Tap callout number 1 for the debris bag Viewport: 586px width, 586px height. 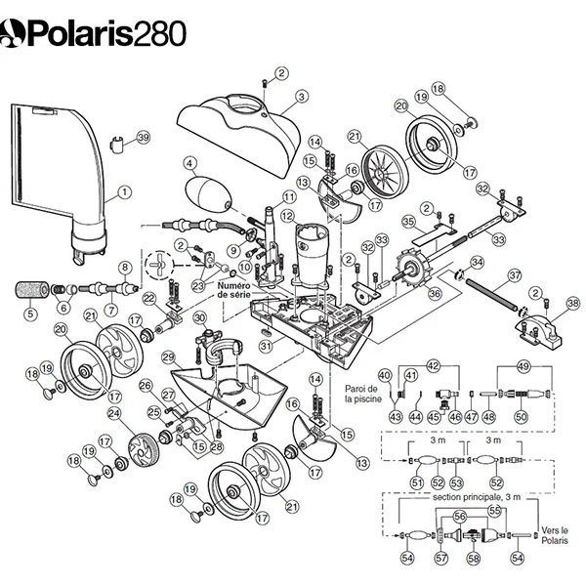tap(124, 192)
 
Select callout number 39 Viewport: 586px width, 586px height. tap(144, 138)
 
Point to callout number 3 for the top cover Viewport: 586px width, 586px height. tap(302, 97)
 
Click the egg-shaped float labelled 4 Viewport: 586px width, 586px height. tap(208, 194)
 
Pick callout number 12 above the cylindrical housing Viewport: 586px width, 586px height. tap(288, 216)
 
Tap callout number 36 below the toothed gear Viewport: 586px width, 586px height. tap(435, 293)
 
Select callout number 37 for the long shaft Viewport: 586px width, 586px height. tap(515, 275)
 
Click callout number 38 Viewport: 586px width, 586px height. tap(573, 303)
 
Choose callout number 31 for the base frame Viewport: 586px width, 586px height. tap(266, 346)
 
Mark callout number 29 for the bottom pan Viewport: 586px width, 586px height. tap(168, 357)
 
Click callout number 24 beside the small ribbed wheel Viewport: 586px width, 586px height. tap(114, 413)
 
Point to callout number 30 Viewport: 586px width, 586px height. tap(200, 318)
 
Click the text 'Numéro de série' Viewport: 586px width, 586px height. tap(234, 290)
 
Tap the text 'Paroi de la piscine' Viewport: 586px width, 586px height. tap(363, 394)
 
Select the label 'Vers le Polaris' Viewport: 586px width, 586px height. tap(555, 535)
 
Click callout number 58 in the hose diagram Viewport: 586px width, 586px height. tap(474, 559)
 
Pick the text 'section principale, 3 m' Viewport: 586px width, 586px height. tap(477, 497)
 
